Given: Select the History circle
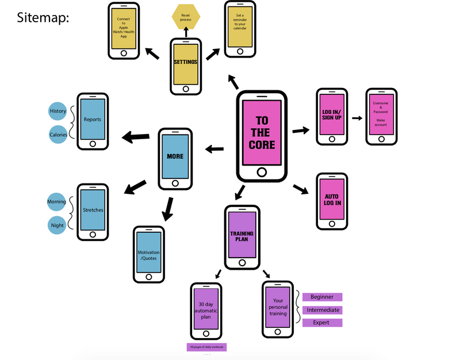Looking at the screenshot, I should coord(58,111).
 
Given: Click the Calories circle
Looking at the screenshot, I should coord(57,135).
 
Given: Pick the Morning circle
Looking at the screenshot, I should coord(57,202).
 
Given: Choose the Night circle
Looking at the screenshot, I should coord(57,225).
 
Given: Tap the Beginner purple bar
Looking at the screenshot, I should coord(322,297).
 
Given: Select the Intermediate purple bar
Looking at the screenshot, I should coord(322,310).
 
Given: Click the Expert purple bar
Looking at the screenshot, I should coord(322,323).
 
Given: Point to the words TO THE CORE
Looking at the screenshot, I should coord(262,133).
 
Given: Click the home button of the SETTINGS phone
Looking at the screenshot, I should coord(186,89).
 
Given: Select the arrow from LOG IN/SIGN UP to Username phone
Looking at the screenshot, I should coord(357,118).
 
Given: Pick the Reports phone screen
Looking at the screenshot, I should coord(93,120).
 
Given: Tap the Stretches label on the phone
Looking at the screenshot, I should coord(93,210).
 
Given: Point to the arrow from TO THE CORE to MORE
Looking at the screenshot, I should coord(214,150).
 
